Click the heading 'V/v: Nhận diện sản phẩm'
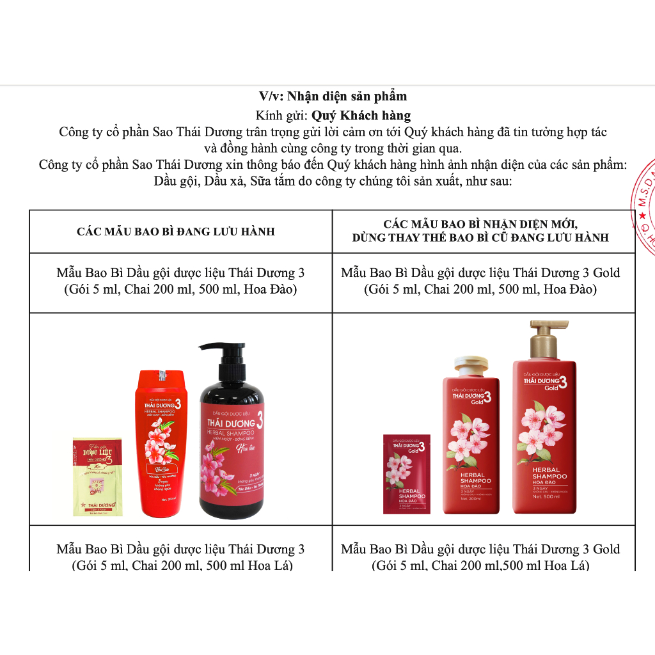pyautogui.click(x=333, y=97)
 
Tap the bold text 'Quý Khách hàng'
pyautogui.click(x=361, y=115)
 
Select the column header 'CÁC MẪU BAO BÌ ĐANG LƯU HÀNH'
pyautogui.click(x=176, y=231)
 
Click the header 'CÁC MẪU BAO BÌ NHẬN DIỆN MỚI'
pyautogui.click(x=480, y=224)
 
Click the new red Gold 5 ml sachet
pyautogui.click(x=406, y=473)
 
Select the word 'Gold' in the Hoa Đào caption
pyautogui.click(x=606, y=273)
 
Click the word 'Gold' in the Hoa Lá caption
pyautogui.click(x=606, y=549)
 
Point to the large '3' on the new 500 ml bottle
pyautogui.click(x=564, y=383)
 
